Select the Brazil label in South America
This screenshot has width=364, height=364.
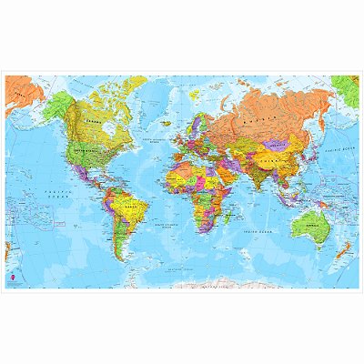(x=137, y=206)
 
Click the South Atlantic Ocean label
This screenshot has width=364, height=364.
(x=170, y=223)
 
